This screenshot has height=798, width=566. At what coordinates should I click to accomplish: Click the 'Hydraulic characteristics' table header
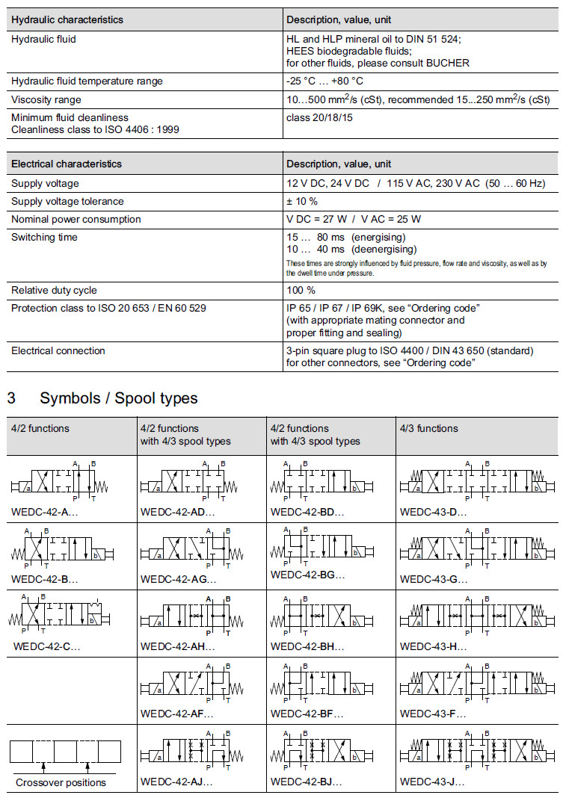coord(67,19)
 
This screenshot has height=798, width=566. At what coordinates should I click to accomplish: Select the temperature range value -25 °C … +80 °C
coord(326,81)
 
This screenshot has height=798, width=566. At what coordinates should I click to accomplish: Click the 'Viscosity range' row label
coord(46,99)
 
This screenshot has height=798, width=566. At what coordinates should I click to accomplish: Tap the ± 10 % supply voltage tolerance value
coord(302,201)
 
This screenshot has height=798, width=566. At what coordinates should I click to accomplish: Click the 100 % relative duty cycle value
coord(301,290)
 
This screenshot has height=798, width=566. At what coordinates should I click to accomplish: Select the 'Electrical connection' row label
coord(58,350)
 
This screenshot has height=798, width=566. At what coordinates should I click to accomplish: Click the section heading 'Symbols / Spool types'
coord(119,398)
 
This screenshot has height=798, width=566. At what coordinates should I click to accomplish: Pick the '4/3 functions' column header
coord(429,428)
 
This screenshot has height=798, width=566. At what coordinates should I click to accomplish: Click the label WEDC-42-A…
coord(45,513)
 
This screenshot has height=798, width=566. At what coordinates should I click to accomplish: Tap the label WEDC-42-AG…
coord(178,579)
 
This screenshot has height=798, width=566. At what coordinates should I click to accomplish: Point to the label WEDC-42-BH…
coord(307,646)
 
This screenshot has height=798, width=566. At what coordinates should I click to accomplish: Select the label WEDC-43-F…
coord(433,714)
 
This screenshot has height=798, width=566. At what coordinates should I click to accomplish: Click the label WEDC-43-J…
coord(432,782)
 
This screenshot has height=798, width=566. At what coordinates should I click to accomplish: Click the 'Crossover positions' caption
coord(61,782)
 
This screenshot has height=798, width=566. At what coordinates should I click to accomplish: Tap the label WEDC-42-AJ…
coord(176,782)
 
